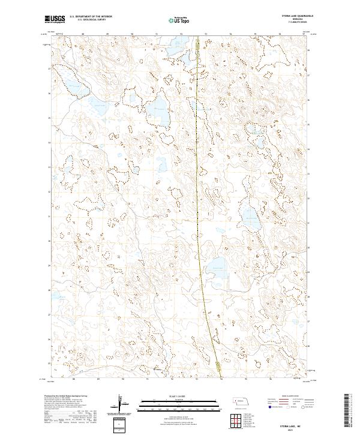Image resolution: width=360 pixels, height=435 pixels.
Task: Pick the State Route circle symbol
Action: (299, 406)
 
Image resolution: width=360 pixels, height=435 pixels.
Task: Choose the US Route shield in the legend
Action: (282, 406)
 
